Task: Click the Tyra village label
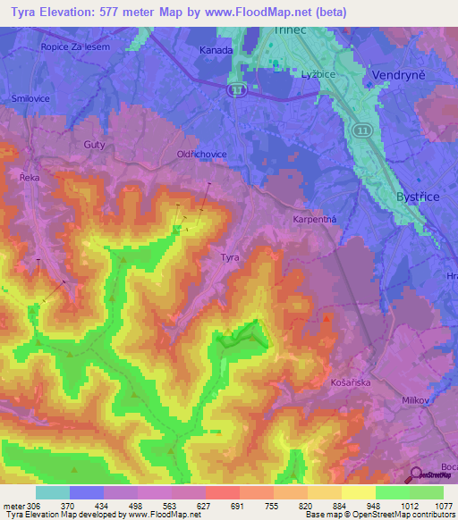click(x=230, y=257)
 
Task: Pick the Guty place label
click(x=94, y=144)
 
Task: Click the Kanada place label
click(x=216, y=51)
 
